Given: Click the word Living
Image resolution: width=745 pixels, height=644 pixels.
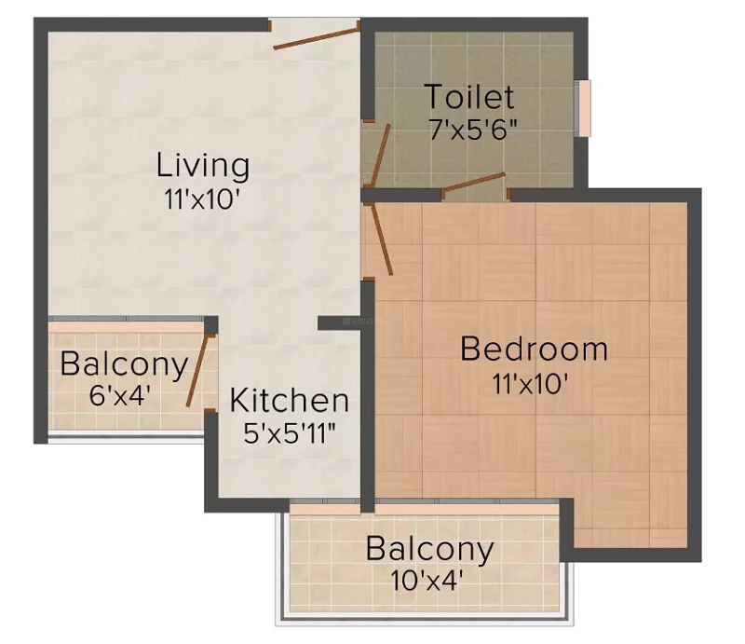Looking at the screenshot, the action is click(203, 167).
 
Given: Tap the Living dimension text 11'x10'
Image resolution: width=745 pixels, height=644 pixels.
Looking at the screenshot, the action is click(200, 199).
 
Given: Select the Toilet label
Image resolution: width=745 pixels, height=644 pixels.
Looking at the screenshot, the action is click(469, 97).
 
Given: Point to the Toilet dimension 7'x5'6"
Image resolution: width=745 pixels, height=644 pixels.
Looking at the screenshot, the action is click(473, 129).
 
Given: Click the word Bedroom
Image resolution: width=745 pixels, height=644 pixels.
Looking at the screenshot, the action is click(534, 349).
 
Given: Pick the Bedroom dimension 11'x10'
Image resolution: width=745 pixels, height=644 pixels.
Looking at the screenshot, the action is click(529, 383).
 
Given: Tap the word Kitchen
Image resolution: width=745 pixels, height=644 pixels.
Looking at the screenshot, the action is click(290, 401).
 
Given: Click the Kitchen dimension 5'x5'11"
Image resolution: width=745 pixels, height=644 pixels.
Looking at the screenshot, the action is click(289, 432).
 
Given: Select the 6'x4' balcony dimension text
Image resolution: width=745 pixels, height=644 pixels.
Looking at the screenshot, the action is click(120, 395).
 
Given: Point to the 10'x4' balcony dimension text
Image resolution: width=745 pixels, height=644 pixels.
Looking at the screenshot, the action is click(427, 580).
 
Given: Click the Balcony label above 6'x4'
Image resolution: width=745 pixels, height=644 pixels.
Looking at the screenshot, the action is click(124, 365).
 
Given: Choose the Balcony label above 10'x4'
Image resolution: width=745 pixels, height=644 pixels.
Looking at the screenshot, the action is click(429, 549).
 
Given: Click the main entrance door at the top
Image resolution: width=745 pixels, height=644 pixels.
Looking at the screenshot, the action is click(316, 38).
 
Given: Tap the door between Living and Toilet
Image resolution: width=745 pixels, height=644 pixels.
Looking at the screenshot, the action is click(381, 154).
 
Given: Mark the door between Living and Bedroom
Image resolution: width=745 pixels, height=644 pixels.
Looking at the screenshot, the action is click(383, 240).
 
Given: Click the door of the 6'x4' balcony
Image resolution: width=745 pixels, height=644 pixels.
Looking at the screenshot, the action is click(197, 371).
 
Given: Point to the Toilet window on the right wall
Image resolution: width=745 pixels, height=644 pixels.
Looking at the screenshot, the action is click(584, 108).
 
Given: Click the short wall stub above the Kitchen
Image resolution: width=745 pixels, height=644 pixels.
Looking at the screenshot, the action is click(339, 323).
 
